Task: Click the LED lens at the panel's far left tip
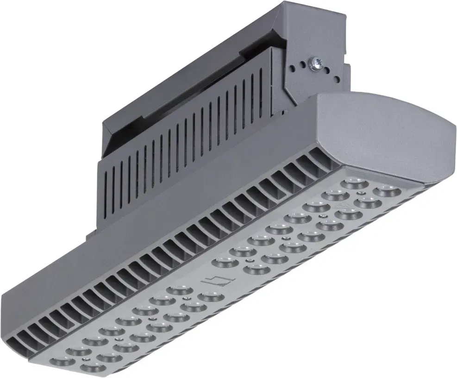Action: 60,362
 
